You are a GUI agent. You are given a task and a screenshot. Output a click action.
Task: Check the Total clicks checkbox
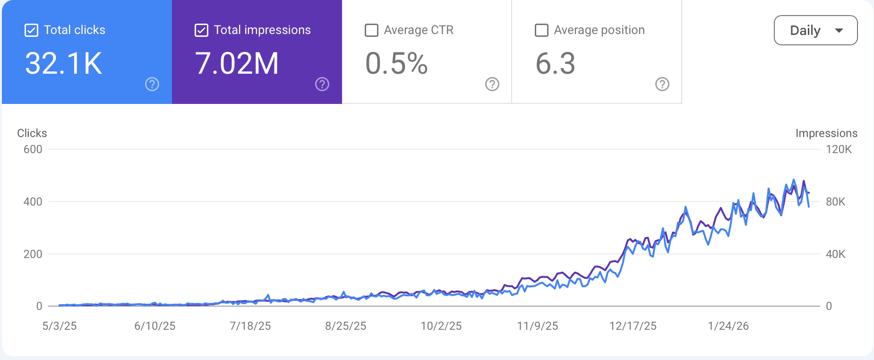[31, 31]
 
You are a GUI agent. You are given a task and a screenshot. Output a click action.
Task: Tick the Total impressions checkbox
[201, 31]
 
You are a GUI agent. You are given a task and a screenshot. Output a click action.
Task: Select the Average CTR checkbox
[372, 31]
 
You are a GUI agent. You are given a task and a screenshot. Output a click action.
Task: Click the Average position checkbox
[541, 31]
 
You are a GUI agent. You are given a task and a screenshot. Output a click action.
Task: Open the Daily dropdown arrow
[839, 31]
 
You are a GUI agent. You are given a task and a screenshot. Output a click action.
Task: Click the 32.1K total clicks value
[64, 63]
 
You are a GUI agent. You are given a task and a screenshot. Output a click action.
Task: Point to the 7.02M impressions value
[237, 63]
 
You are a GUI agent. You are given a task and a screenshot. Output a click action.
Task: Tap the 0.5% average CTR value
[396, 63]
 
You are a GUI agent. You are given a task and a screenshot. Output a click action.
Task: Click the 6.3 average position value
[555, 63]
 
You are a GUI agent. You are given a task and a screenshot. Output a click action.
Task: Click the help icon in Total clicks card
[152, 84]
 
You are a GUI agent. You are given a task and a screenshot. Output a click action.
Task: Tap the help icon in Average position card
[662, 84]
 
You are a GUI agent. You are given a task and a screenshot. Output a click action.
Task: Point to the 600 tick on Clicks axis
[33, 149]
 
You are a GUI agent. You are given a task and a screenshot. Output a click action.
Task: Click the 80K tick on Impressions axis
[835, 202]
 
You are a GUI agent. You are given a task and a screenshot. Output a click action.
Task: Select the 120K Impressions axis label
[839, 149]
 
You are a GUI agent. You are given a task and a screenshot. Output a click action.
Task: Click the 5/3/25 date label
[60, 326]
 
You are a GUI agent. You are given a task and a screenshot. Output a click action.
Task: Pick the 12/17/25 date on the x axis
[633, 326]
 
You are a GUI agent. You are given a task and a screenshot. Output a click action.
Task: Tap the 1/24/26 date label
[728, 326]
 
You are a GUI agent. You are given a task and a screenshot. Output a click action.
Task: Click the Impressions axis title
[826, 133]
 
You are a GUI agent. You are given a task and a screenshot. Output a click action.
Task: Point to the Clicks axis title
[32, 133]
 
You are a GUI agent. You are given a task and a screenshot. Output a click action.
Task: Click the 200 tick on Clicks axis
[33, 254]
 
